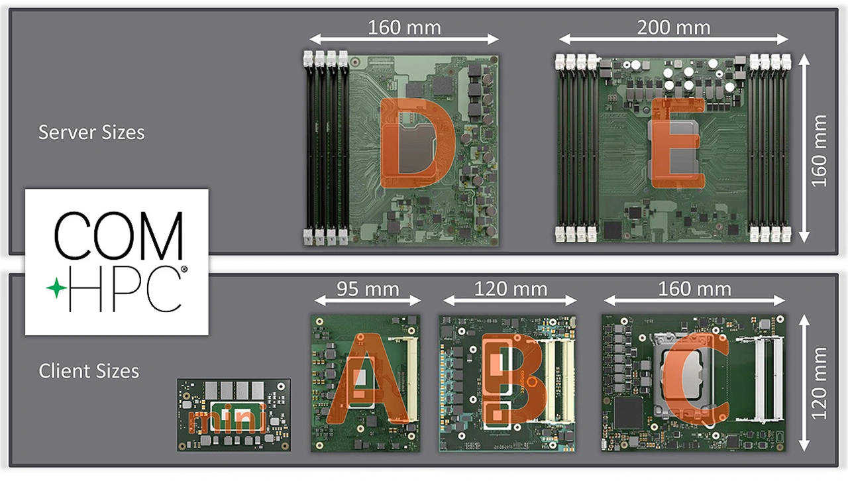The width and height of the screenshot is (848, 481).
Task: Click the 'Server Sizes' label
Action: tap(91, 133)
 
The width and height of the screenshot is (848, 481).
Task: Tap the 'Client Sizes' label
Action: tap(89, 371)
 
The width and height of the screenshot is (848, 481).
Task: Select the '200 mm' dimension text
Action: tap(674, 28)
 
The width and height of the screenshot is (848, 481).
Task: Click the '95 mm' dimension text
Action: tap(368, 289)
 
